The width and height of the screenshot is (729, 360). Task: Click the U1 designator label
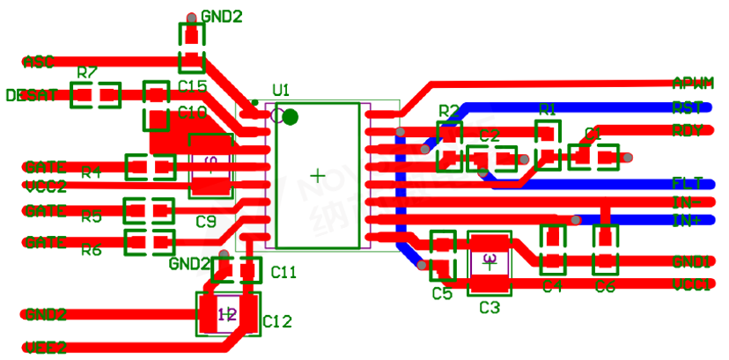(281, 90)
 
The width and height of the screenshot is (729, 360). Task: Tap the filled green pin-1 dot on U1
(291, 116)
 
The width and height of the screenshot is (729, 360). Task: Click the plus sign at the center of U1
(317, 177)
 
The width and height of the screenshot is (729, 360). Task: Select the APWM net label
(692, 83)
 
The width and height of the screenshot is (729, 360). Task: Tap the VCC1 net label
(691, 284)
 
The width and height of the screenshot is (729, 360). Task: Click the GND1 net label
(691, 261)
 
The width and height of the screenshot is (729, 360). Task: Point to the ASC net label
(38, 62)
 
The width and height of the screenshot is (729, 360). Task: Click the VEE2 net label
(44, 347)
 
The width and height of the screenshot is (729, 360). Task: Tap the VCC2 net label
(45, 186)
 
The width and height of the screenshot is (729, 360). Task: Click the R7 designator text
(87, 72)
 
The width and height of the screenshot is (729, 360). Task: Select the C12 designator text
(276, 322)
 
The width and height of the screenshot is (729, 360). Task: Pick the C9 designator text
(205, 221)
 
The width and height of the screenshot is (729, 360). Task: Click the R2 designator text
(449, 111)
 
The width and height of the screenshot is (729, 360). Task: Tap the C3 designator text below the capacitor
(489, 307)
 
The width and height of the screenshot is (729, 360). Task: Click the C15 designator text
(192, 86)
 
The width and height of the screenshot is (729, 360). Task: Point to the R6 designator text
(92, 250)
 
